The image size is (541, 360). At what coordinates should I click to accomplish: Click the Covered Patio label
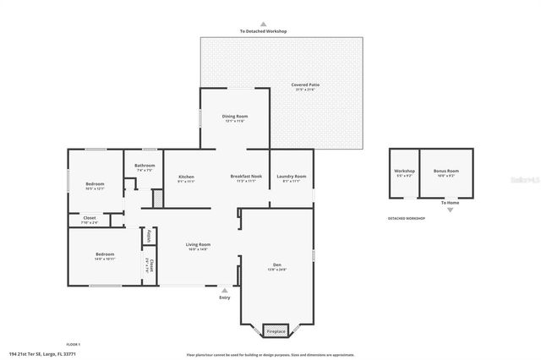coord(306,85)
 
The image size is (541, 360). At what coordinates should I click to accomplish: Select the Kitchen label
coord(186,176)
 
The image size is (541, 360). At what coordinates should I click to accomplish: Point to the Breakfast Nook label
coord(246,176)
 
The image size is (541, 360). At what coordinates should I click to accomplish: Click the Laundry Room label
coord(294,176)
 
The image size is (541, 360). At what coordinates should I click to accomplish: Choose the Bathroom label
coord(144,166)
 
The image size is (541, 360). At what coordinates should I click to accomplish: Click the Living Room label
coord(199,244)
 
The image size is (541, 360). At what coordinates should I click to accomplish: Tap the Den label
coord(277,265)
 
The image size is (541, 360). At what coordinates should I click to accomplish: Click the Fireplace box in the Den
coord(276,331)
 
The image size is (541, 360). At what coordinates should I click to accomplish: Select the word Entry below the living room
coord(224,297)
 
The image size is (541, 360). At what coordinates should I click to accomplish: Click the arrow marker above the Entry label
coord(224,290)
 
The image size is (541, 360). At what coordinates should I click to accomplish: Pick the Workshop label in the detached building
coord(404,171)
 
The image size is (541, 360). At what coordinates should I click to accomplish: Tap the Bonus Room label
coord(445,171)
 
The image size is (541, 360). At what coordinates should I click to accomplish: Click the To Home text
coord(450,204)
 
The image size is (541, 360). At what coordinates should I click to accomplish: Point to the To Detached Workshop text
coord(264,31)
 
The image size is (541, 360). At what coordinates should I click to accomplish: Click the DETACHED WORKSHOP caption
coord(406,218)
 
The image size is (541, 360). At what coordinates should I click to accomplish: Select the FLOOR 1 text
coord(74,345)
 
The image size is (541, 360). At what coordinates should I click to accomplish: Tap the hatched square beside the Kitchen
coord(156,198)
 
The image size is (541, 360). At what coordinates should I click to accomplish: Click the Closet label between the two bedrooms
coord(89,218)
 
